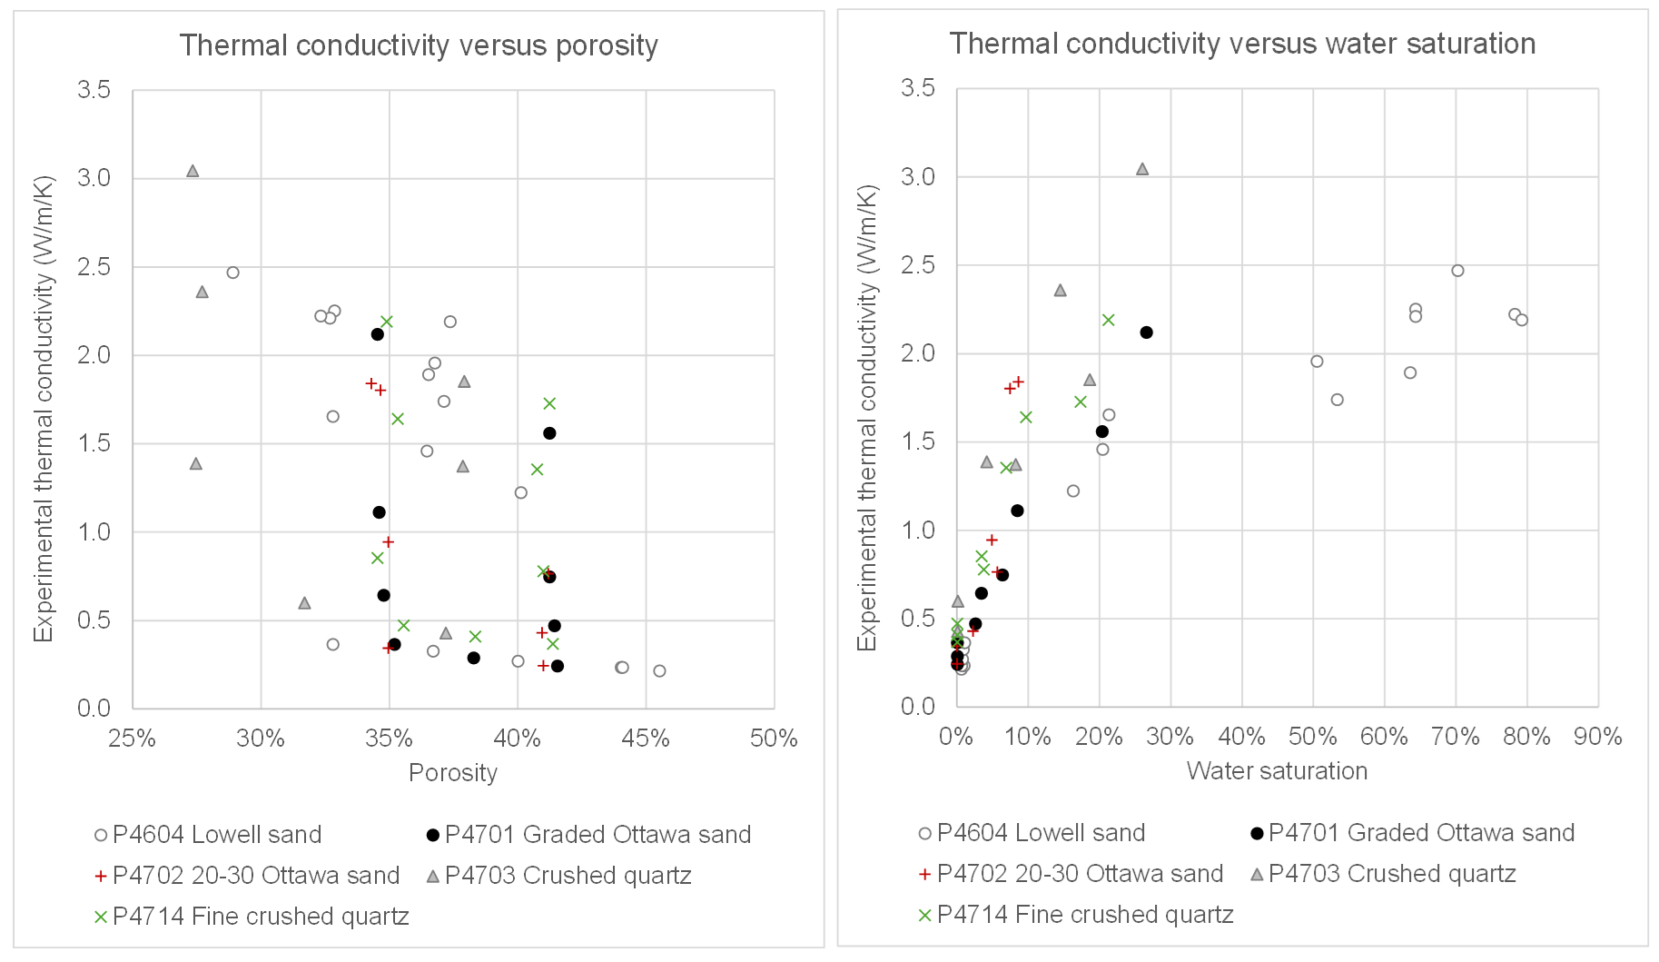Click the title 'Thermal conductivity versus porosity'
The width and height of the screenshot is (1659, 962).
[419, 45]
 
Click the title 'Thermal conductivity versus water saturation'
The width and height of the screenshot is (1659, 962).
[1242, 44]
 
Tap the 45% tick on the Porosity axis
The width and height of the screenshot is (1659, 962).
[646, 739]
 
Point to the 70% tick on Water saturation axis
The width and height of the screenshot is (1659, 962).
[1456, 737]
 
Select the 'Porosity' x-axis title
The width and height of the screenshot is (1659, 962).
[453, 773]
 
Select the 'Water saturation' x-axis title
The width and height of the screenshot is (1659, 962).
[1277, 771]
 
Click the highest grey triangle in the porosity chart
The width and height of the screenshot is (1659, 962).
[193, 171]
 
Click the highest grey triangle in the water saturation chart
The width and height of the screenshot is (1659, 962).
[1142, 169]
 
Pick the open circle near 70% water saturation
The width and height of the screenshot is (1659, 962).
[1457, 271]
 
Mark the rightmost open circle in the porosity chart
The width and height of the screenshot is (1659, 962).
[659, 671]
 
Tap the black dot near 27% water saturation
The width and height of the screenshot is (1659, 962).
[1146, 332]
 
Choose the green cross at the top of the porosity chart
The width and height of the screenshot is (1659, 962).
[387, 322]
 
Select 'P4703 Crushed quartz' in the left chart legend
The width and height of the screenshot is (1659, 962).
[568, 876]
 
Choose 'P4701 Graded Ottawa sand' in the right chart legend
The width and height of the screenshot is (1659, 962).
[1421, 833]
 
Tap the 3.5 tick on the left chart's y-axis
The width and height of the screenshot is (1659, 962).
[94, 90]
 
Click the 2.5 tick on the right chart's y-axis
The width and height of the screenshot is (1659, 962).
[917, 265]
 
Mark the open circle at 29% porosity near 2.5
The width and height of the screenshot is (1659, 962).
[232, 273]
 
